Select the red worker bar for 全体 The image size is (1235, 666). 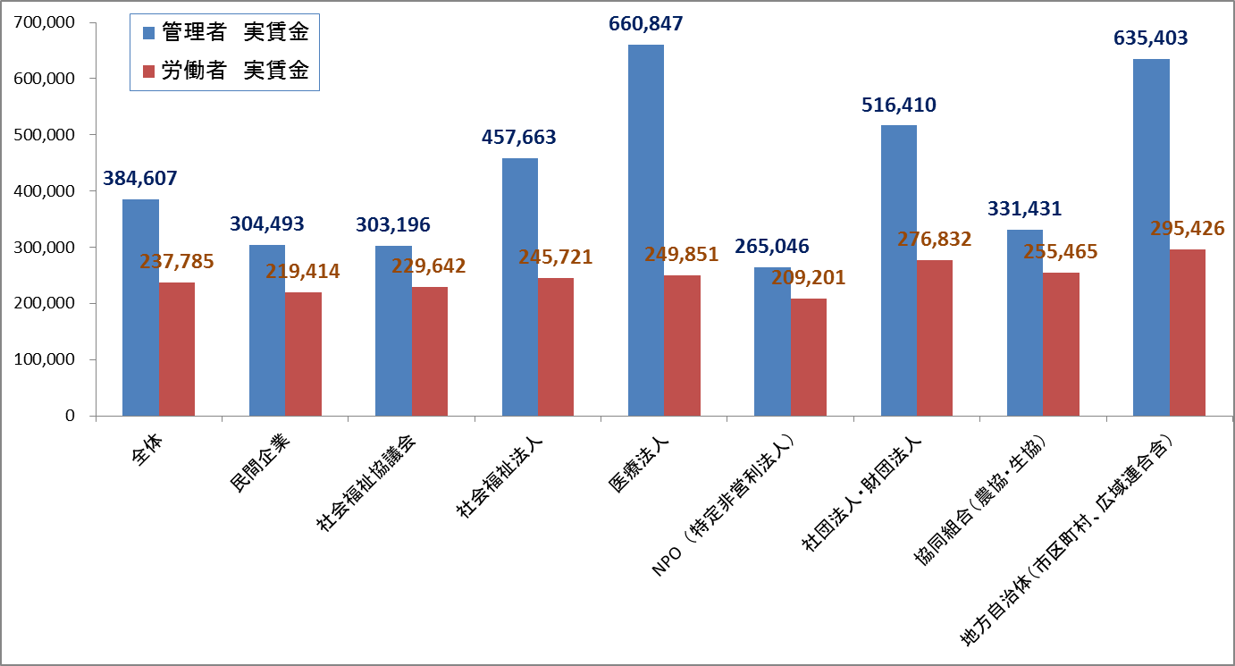click(x=177, y=349)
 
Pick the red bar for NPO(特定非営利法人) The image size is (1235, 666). click(x=809, y=357)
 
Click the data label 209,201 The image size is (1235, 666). click(x=809, y=278)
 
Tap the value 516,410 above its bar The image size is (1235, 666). click(x=898, y=105)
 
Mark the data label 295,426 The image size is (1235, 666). click(x=1188, y=229)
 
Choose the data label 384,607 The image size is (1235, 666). click(x=140, y=179)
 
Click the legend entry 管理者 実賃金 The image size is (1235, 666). click(x=235, y=33)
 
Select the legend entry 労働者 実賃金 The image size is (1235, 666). click(x=235, y=72)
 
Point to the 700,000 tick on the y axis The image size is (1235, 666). click(x=45, y=22)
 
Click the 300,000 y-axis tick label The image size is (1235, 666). click(x=45, y=248)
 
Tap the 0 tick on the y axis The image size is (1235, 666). click(x=69, y=417)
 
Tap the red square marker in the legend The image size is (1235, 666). click(x=149, y=72)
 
